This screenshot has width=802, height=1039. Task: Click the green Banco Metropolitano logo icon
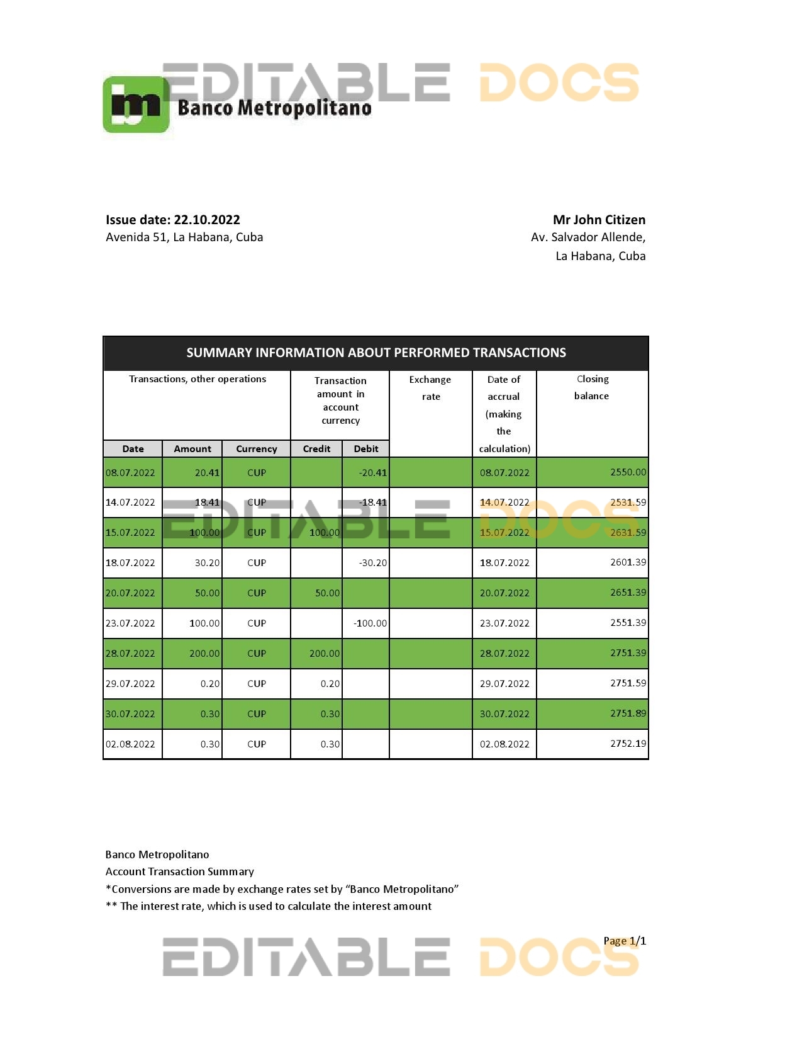coord(136,105)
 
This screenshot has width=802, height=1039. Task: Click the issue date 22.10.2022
coord(206,220)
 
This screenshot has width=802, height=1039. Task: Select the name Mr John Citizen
coord(599,220)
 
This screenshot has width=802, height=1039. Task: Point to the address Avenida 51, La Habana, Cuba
coord(184,237)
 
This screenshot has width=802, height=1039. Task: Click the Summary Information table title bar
coord(376,353)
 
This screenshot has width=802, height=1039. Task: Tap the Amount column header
coord(192,449)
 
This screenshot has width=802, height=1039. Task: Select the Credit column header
coord(316,449)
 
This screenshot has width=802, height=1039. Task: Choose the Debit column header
coord(366,449)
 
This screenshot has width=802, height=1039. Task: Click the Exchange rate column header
coord(430,388)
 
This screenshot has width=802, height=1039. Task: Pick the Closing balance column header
coord(592,387)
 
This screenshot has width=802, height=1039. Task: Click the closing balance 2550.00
coord(628,472)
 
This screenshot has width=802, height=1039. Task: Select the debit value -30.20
coord(373,563)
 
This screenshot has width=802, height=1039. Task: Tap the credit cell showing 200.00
coord(325,654)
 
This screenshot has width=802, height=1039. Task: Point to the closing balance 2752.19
coord(628,744)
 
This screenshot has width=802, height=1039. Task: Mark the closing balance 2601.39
coord(628,562)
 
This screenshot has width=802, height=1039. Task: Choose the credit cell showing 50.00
coord(327,593)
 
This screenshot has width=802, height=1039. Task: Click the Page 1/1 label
coord(624,941)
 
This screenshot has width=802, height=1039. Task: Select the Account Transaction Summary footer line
coord(180,872)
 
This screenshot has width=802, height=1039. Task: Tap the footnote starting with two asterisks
coord(269,906)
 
